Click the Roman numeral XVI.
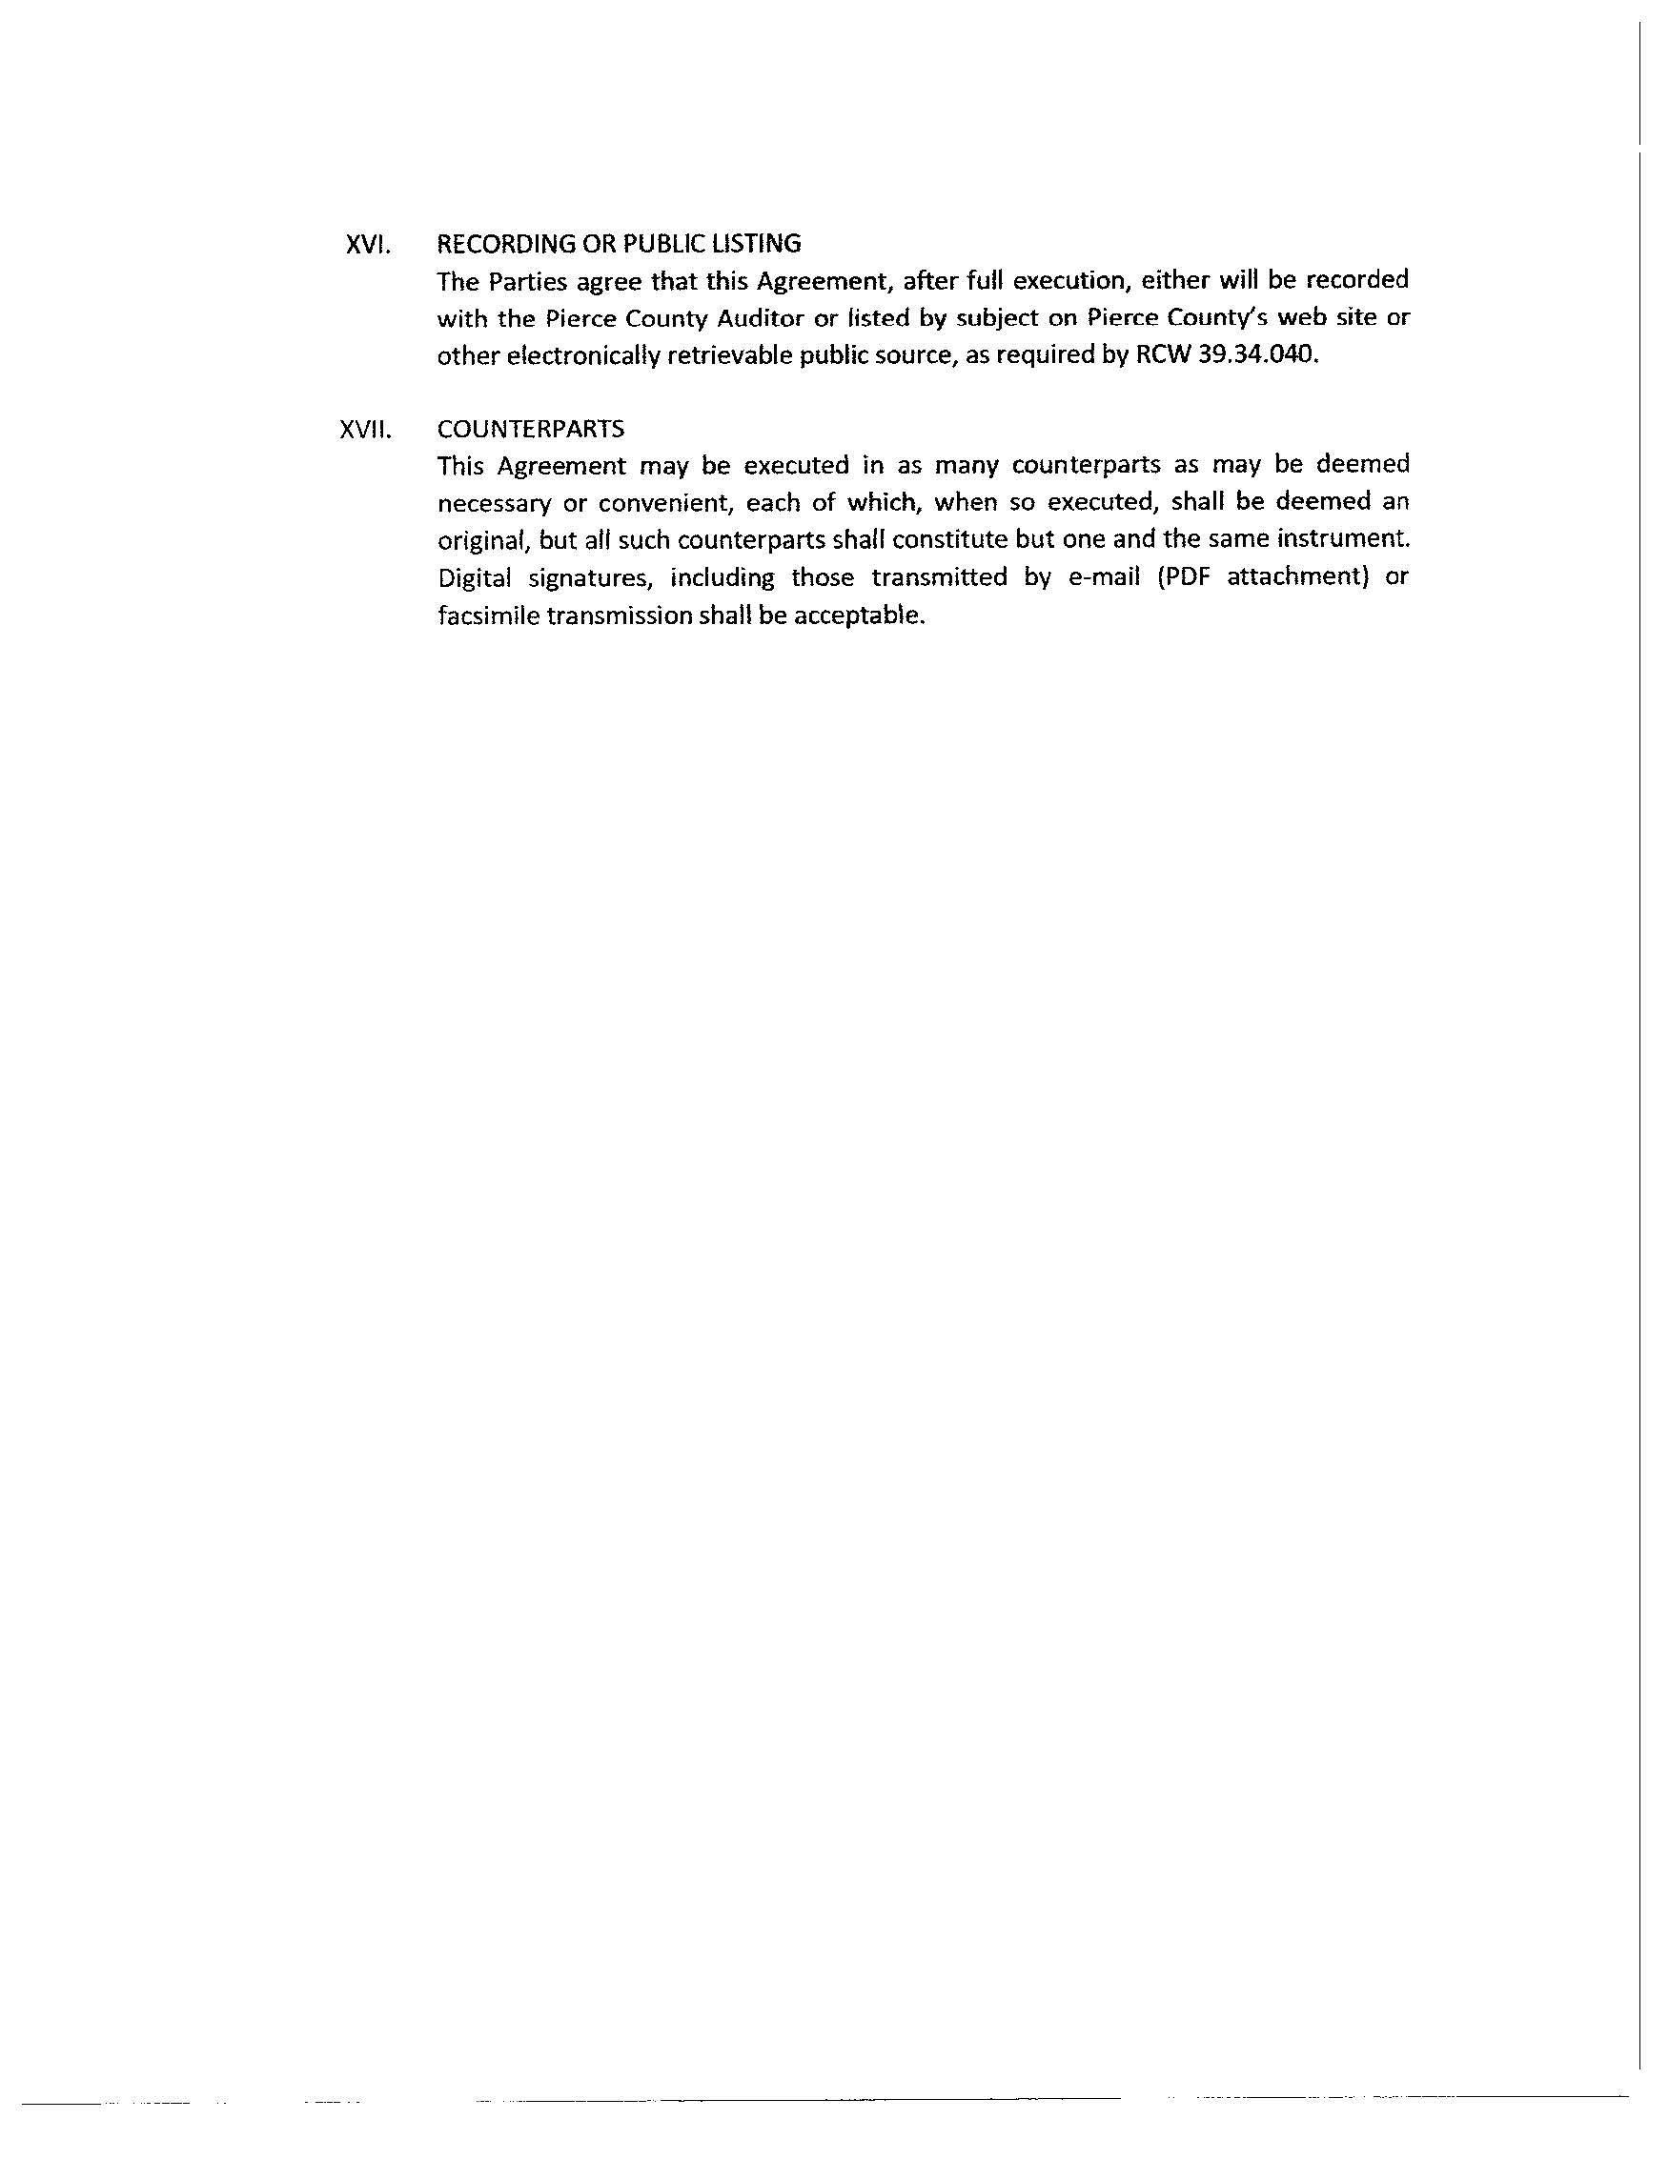368,244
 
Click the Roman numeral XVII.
365,429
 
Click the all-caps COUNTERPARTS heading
531,429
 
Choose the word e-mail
1105,577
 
